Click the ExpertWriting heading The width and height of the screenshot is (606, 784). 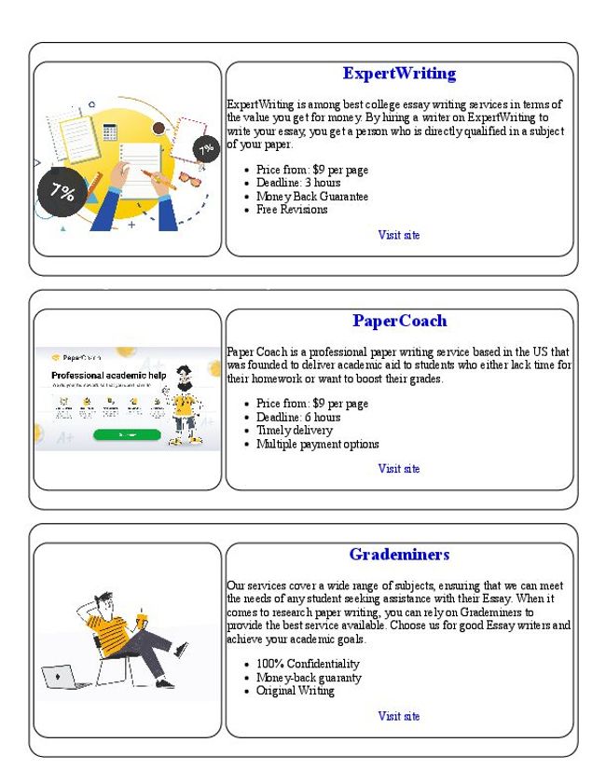[x=399, y=74]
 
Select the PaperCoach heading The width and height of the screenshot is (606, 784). [x=399, y=321]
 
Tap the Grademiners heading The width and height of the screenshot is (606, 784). [x=399, y=555]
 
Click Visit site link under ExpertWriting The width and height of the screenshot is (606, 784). [x=399, y=235]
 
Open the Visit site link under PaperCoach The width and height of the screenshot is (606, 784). [x=399, y=469]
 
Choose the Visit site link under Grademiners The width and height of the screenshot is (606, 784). [x=399, y=716]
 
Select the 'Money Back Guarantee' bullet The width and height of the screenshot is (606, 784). [x=312, y=197]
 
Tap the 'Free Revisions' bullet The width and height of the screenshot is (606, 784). [x=292, y=210]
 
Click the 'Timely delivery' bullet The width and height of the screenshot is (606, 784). [x=294, y=431]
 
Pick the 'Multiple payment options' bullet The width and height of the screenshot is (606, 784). [x=317, y=444]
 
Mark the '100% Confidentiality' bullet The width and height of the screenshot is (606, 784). [x=308, y=664]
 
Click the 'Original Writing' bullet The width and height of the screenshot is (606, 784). [x=295, y=691]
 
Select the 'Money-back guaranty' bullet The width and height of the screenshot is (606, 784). [x=309, y=678]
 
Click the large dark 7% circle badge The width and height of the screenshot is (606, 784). [x=62, y=192]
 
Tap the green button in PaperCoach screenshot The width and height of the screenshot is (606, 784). [x=127, y=434]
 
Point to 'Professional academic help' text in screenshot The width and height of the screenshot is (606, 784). [x=108, y=375]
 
